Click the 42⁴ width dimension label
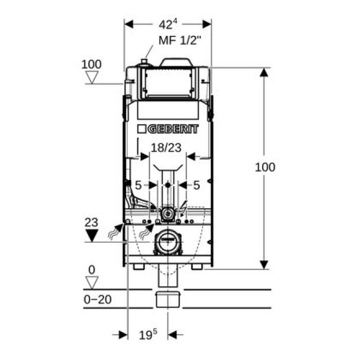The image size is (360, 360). tap(168, 24)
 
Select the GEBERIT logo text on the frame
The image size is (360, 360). tap(168, 129)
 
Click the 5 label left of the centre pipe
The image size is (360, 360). tap(137, 184)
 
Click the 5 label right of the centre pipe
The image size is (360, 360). tap(197, 184)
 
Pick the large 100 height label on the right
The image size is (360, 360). tap(264, 167)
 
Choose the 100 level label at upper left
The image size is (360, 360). tap(91, 64)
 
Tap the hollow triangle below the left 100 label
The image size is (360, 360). tap(91, 77)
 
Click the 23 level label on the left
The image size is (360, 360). tap(91, 222)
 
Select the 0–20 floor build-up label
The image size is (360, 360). tap(97, 299)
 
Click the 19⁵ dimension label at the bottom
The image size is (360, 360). tap(148, 335)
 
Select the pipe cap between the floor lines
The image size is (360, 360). tap(167, 298)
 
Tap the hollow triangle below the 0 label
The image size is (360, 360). tap(91, 281)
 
